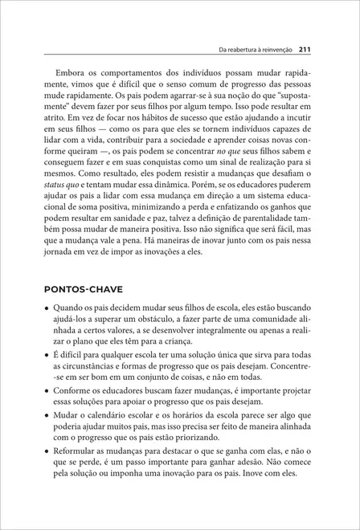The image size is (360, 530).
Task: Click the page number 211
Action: point(305,49)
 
